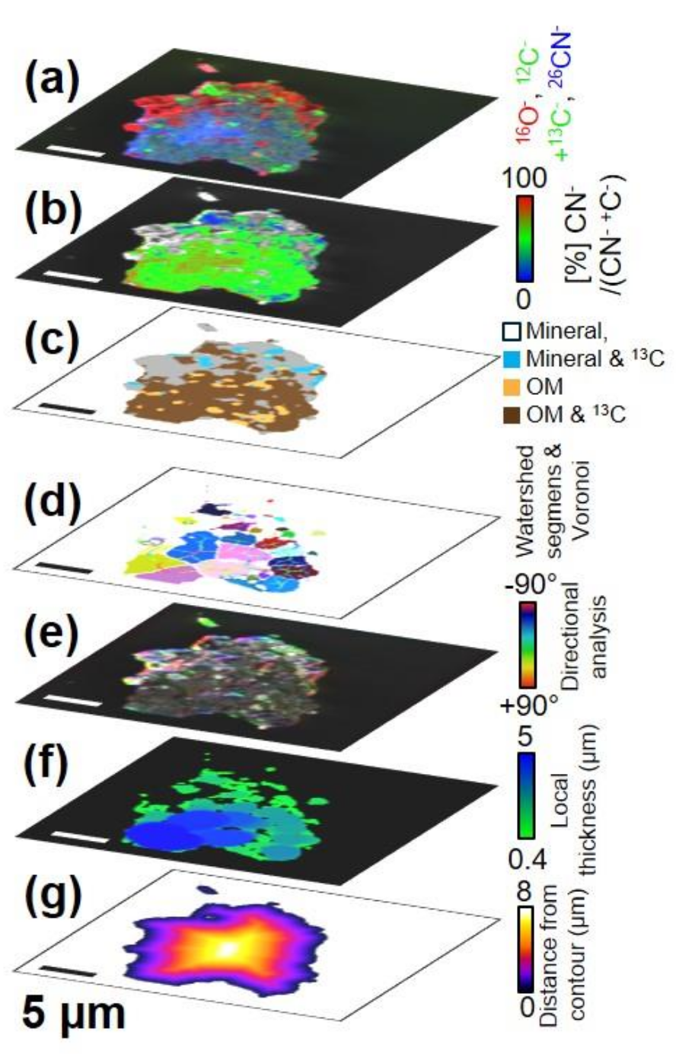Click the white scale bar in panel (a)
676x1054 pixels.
[78, 152]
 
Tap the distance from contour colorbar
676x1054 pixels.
[519, 951]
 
